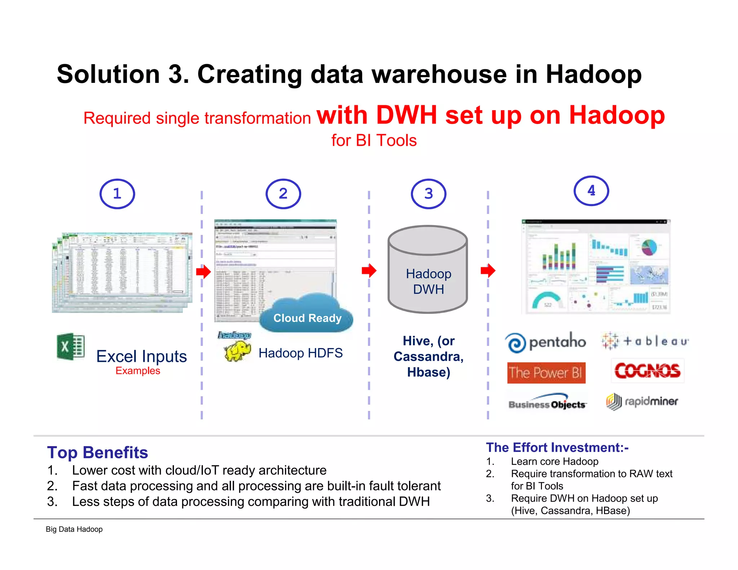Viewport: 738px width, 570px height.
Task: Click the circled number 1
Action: pyautogui.click(x=117, y=194)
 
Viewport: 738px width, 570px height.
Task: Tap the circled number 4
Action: pyautogui.click(x=591, y=191)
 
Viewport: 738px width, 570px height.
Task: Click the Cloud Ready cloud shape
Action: pyautogui.click(x=307, y=313)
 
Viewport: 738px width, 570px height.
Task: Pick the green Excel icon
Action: pyautogui.click(x=71, y=347)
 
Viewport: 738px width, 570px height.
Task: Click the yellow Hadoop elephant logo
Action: pyautogui.click(x=237, y=351)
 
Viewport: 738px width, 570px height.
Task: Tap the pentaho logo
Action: pyautogui.click(x=546, y=342)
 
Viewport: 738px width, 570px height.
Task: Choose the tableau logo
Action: pyautogui.click(x=645, y=341)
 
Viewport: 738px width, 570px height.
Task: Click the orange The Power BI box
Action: pyautogui.click(x=546, y=373)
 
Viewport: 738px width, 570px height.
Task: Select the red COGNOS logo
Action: pyautogui.click(x=647, y=371)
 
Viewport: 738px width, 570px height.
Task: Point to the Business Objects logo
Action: pyautogui.click(x=547, y=402)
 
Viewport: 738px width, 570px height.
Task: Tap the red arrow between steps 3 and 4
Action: pyautogui.click(x=488, y=270)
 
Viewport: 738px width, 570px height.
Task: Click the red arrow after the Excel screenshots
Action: pyautogui.click(x=204, y=272)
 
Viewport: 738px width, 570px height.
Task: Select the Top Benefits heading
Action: pyautogui.click(x=97, y=453)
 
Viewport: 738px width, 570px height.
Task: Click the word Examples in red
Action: pyautogui.click(x=138, y=371)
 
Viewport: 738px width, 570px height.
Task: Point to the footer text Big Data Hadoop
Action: pyautogui.click(x=74, y=529)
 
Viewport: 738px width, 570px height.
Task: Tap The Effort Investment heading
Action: pyautogui.click(x=557, y=447)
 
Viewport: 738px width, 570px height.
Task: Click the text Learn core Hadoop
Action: pyautogui.click(x=554, y=462)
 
